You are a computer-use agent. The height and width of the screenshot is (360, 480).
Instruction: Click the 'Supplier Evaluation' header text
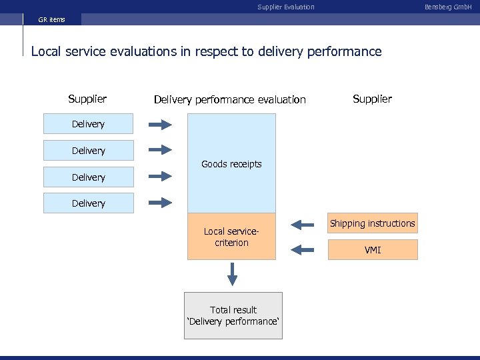(285, 7)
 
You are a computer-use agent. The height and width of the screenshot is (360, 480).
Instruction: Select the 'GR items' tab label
(52, 19)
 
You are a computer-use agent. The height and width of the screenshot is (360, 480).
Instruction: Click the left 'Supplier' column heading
(87, 99)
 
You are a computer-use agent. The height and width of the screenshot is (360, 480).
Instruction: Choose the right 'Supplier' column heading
(372, 99)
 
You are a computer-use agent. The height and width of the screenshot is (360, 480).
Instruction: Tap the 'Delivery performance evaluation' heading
(229, 99)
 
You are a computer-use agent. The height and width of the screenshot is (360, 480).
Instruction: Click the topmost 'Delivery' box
(89, 124)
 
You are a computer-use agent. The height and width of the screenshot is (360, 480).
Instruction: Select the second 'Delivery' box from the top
(89, 151)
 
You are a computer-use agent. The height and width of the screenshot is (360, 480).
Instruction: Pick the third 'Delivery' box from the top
(89, 177)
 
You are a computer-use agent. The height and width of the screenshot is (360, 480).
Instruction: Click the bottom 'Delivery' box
(89, 203)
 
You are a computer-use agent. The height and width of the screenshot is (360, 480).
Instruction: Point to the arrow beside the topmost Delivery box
(160, 124)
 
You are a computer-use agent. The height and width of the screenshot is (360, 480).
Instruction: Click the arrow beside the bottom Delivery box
(160, 203)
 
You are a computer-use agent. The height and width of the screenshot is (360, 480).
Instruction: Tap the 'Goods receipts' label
(231, 164)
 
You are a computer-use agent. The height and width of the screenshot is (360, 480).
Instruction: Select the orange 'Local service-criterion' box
(231, 237)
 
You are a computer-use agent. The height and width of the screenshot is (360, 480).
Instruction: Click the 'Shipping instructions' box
(372, 223)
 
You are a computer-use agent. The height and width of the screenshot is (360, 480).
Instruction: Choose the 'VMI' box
(372, 250)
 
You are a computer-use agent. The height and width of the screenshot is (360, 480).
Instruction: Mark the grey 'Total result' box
(233, 315)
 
